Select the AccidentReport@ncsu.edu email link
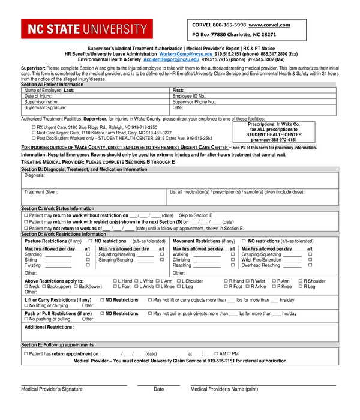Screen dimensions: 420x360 [171, 59]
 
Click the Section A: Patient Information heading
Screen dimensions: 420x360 [52, 85]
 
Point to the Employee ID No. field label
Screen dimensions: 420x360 [190, 96]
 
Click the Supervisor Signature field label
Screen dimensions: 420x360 [45, 108]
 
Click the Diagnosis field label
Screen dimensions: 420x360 [35, 175]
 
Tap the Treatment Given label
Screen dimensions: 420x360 [41, 192]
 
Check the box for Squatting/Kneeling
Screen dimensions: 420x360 [162, 254]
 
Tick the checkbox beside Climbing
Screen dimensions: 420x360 [232, 260]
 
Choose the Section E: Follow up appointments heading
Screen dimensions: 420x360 [57, 345]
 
